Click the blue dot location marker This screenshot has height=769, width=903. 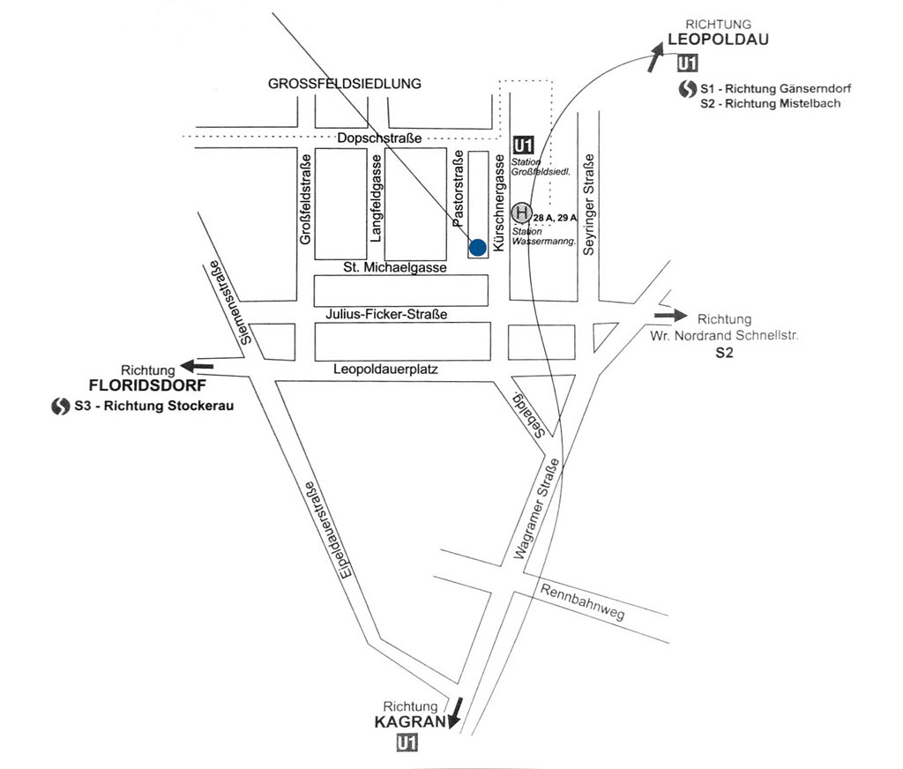coord(477,247)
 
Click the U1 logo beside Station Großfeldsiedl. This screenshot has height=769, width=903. coord(524,146)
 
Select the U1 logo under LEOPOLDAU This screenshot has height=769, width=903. coord(688,63)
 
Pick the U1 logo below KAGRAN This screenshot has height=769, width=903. coord(407,744)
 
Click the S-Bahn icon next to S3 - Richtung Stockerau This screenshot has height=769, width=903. coord(60,407)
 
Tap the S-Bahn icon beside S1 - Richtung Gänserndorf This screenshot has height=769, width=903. coord(688,89)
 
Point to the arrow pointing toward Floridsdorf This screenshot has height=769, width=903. coord(197,365)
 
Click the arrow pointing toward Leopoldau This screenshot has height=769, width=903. coord(656,57)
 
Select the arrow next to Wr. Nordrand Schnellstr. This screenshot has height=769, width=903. coord(670,315)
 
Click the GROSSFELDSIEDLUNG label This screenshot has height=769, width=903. coord(345,84)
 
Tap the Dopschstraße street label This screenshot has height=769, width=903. coord(379,138)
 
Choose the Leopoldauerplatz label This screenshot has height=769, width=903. coord(386,370)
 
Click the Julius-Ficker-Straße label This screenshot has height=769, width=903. coord(386,314)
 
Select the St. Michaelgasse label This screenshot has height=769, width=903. coord(395,267)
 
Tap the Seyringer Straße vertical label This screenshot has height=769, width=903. coord(590,204)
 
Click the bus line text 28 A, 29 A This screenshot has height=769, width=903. coord(555,217)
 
